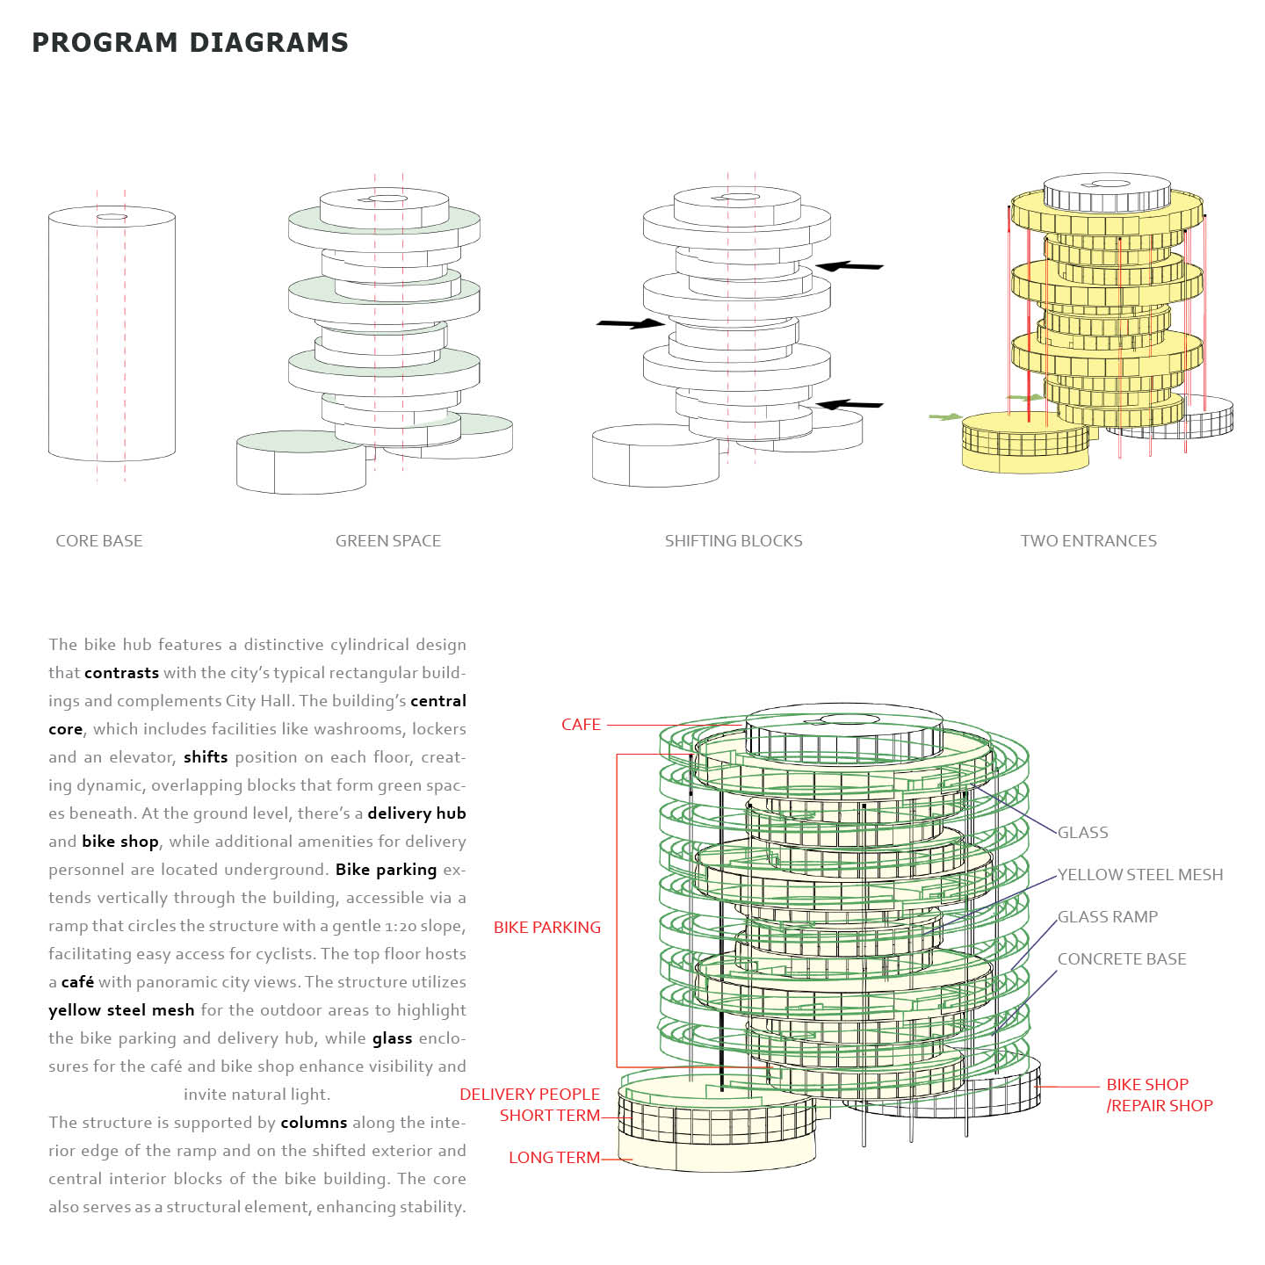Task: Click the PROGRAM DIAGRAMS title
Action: pyautogui.click(x=190, y=42)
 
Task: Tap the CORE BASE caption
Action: pyautogui.click(x=99, y=541)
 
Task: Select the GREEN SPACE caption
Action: pyautogui.click(x=388, y=541)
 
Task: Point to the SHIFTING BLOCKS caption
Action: pyautogui.click(x=734, y=541)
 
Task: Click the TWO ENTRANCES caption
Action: pyautogui.click(x=1088, y=541)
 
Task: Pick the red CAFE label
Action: pyautogui.click(x=581, y=725)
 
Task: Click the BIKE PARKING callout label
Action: pyautogui.click(x=547, y=928)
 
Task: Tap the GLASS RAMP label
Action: pyautogui.click(x=1108, y=917)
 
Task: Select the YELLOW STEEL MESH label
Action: pyautogui.click(x=1140, y=875)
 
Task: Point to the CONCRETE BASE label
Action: pyautogui.click(x=1122, y=959)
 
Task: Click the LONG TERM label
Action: pyautogui.click(x=554, y=1158)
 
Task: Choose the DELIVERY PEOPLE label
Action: pyautogui.click(x=530, y=1095)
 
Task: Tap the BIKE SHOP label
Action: pyautogui.click(x=1147, y=1085)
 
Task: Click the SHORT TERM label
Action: pyautogui.click(x=550, y=1116)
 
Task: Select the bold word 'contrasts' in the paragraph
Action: pyautogui.click(x=122, y=673)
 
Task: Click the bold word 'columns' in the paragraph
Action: pyautogui.click(x=314, y=1123)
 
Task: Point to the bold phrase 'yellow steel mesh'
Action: pyautogui.click(x=121, y=1010)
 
